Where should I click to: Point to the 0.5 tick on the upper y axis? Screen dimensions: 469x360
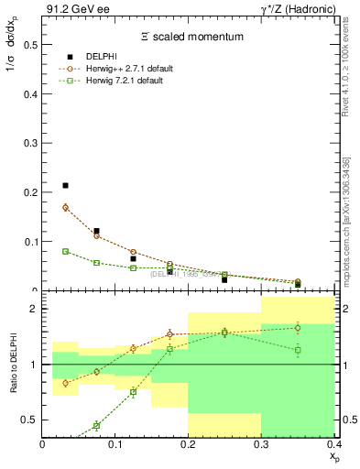click(31, 43)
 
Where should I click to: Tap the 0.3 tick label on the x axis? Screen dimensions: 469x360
click(262, 443)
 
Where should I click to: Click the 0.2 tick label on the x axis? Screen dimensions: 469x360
click(189, 443)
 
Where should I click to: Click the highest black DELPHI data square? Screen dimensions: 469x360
click(65, 186)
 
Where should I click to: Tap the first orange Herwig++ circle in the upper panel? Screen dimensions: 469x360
click(65, 207)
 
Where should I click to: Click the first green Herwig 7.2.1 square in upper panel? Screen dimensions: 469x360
click(65, 251)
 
